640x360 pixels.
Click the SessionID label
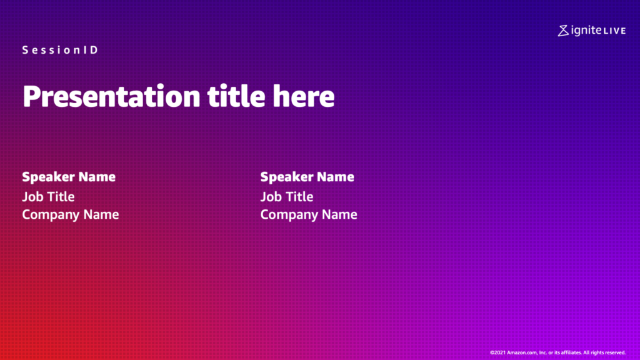pos(60,50)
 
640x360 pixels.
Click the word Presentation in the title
pos(111,97)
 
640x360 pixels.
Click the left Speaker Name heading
pos(69,177)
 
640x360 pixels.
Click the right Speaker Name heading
pos(307,177)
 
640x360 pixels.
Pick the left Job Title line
pos(48,197)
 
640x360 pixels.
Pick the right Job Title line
pos(286,197)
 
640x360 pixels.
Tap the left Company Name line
pos(70,215)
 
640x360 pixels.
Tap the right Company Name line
pos(309,215)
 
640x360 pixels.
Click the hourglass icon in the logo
pos(563,31)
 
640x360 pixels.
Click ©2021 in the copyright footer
pos(497,352)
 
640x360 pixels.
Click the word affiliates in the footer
pos(571,352)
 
